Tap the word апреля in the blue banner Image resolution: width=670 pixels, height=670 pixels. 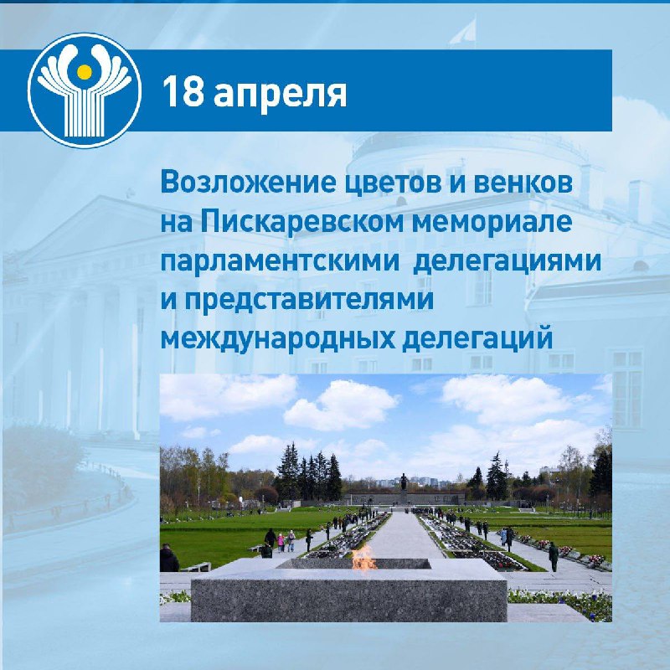280,95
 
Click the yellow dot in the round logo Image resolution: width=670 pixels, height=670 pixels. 85,72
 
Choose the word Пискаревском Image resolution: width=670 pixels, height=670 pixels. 302,222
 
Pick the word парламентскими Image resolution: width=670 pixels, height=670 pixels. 280,261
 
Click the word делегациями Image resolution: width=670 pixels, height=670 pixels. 508,261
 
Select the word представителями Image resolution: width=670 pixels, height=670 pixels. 309,300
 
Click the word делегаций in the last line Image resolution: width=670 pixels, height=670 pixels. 477,338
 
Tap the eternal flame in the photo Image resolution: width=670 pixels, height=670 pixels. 363,559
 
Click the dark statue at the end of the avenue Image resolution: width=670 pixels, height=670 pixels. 404,483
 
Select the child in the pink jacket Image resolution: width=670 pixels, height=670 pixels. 281,542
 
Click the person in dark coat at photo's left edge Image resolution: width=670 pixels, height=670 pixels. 169,558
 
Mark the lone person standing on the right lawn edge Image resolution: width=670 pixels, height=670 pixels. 554,556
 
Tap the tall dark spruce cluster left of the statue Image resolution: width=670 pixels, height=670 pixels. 308,473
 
